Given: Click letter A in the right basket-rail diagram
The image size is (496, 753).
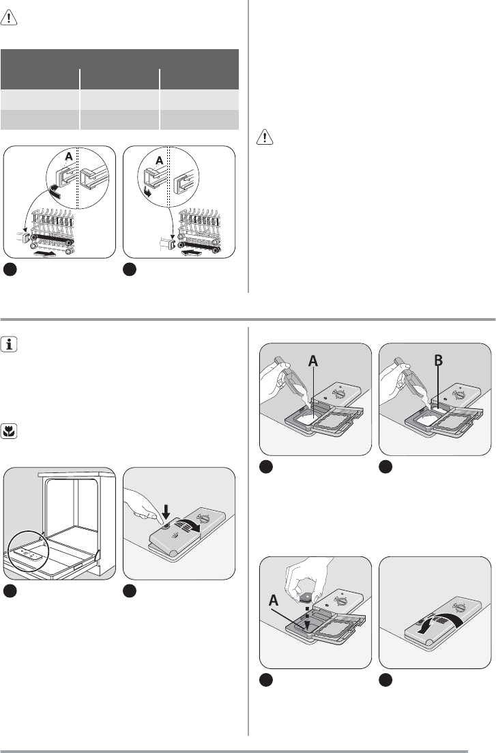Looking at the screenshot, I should click(160, 160).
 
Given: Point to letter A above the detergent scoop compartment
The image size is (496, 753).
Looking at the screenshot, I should click(315, 362).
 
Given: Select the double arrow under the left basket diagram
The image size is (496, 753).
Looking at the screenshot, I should click(46, 253).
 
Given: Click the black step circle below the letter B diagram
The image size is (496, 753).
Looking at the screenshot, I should click(386, 466).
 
